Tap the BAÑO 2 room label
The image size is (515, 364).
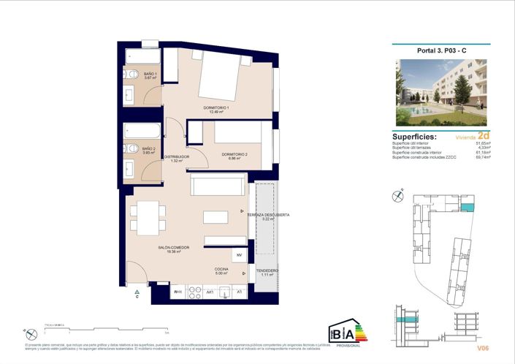pos(150,148)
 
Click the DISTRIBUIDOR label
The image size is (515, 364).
pos(177,158)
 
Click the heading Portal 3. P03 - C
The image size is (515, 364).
pos(440,51)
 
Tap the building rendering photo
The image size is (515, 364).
pos(440,92)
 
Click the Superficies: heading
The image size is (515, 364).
pos(414,137)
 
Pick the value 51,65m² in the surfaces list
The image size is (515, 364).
pos(483,144)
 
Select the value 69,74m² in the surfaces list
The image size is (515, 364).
pos(483,157)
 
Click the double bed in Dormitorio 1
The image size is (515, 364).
pos(218,77)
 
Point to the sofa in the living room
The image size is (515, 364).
pos(217,185)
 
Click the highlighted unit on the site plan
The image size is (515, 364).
pos(468,208)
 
